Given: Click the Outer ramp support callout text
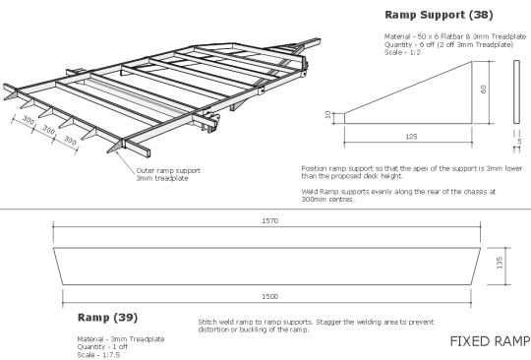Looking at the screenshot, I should [161, 173].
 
